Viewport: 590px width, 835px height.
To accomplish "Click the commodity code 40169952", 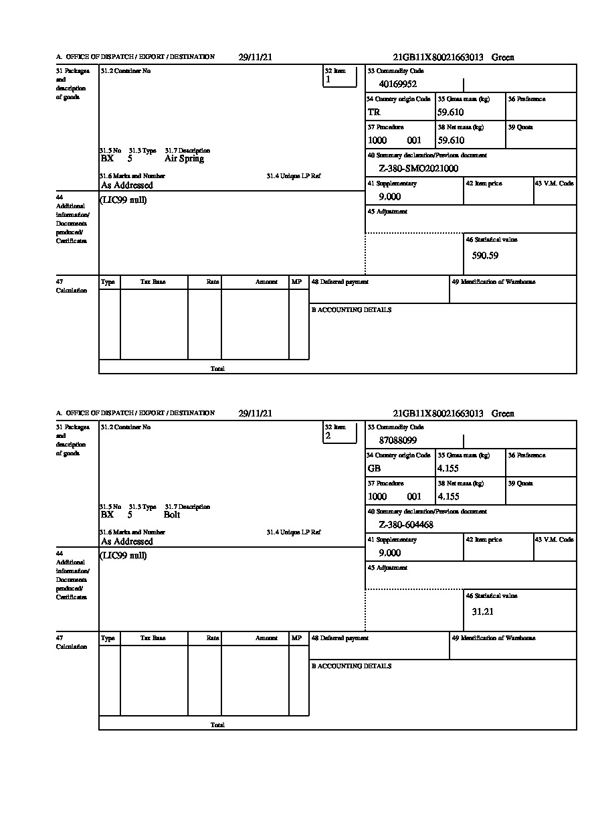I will click(397, 84).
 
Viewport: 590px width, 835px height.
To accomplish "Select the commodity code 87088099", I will click(397, 441).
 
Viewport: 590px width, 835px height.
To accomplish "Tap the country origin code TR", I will click(374, 112).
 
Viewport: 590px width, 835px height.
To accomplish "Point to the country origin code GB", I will click(374, 469).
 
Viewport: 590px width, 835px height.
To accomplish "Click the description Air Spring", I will click(184, 159).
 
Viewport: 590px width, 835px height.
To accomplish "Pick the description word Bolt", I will click(171, 515).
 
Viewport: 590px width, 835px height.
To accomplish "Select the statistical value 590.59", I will click(485, 255).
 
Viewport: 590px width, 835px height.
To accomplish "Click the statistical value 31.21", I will click(482, 611).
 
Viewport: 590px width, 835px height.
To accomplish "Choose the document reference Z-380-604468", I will click(405, 525).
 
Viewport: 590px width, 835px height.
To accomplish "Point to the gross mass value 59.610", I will click(451, 112).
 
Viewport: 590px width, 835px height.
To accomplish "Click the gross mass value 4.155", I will click(448, 469).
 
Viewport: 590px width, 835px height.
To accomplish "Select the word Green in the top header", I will click(502, 58).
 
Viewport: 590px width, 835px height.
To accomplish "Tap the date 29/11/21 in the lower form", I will click(255, 414).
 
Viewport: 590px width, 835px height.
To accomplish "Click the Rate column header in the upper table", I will click(213, 283).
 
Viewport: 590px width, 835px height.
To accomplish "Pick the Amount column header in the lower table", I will click(266, 639).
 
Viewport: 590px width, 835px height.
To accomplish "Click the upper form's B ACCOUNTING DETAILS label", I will click(351, 310).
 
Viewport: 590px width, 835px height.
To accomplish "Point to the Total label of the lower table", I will click(217, 725).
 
